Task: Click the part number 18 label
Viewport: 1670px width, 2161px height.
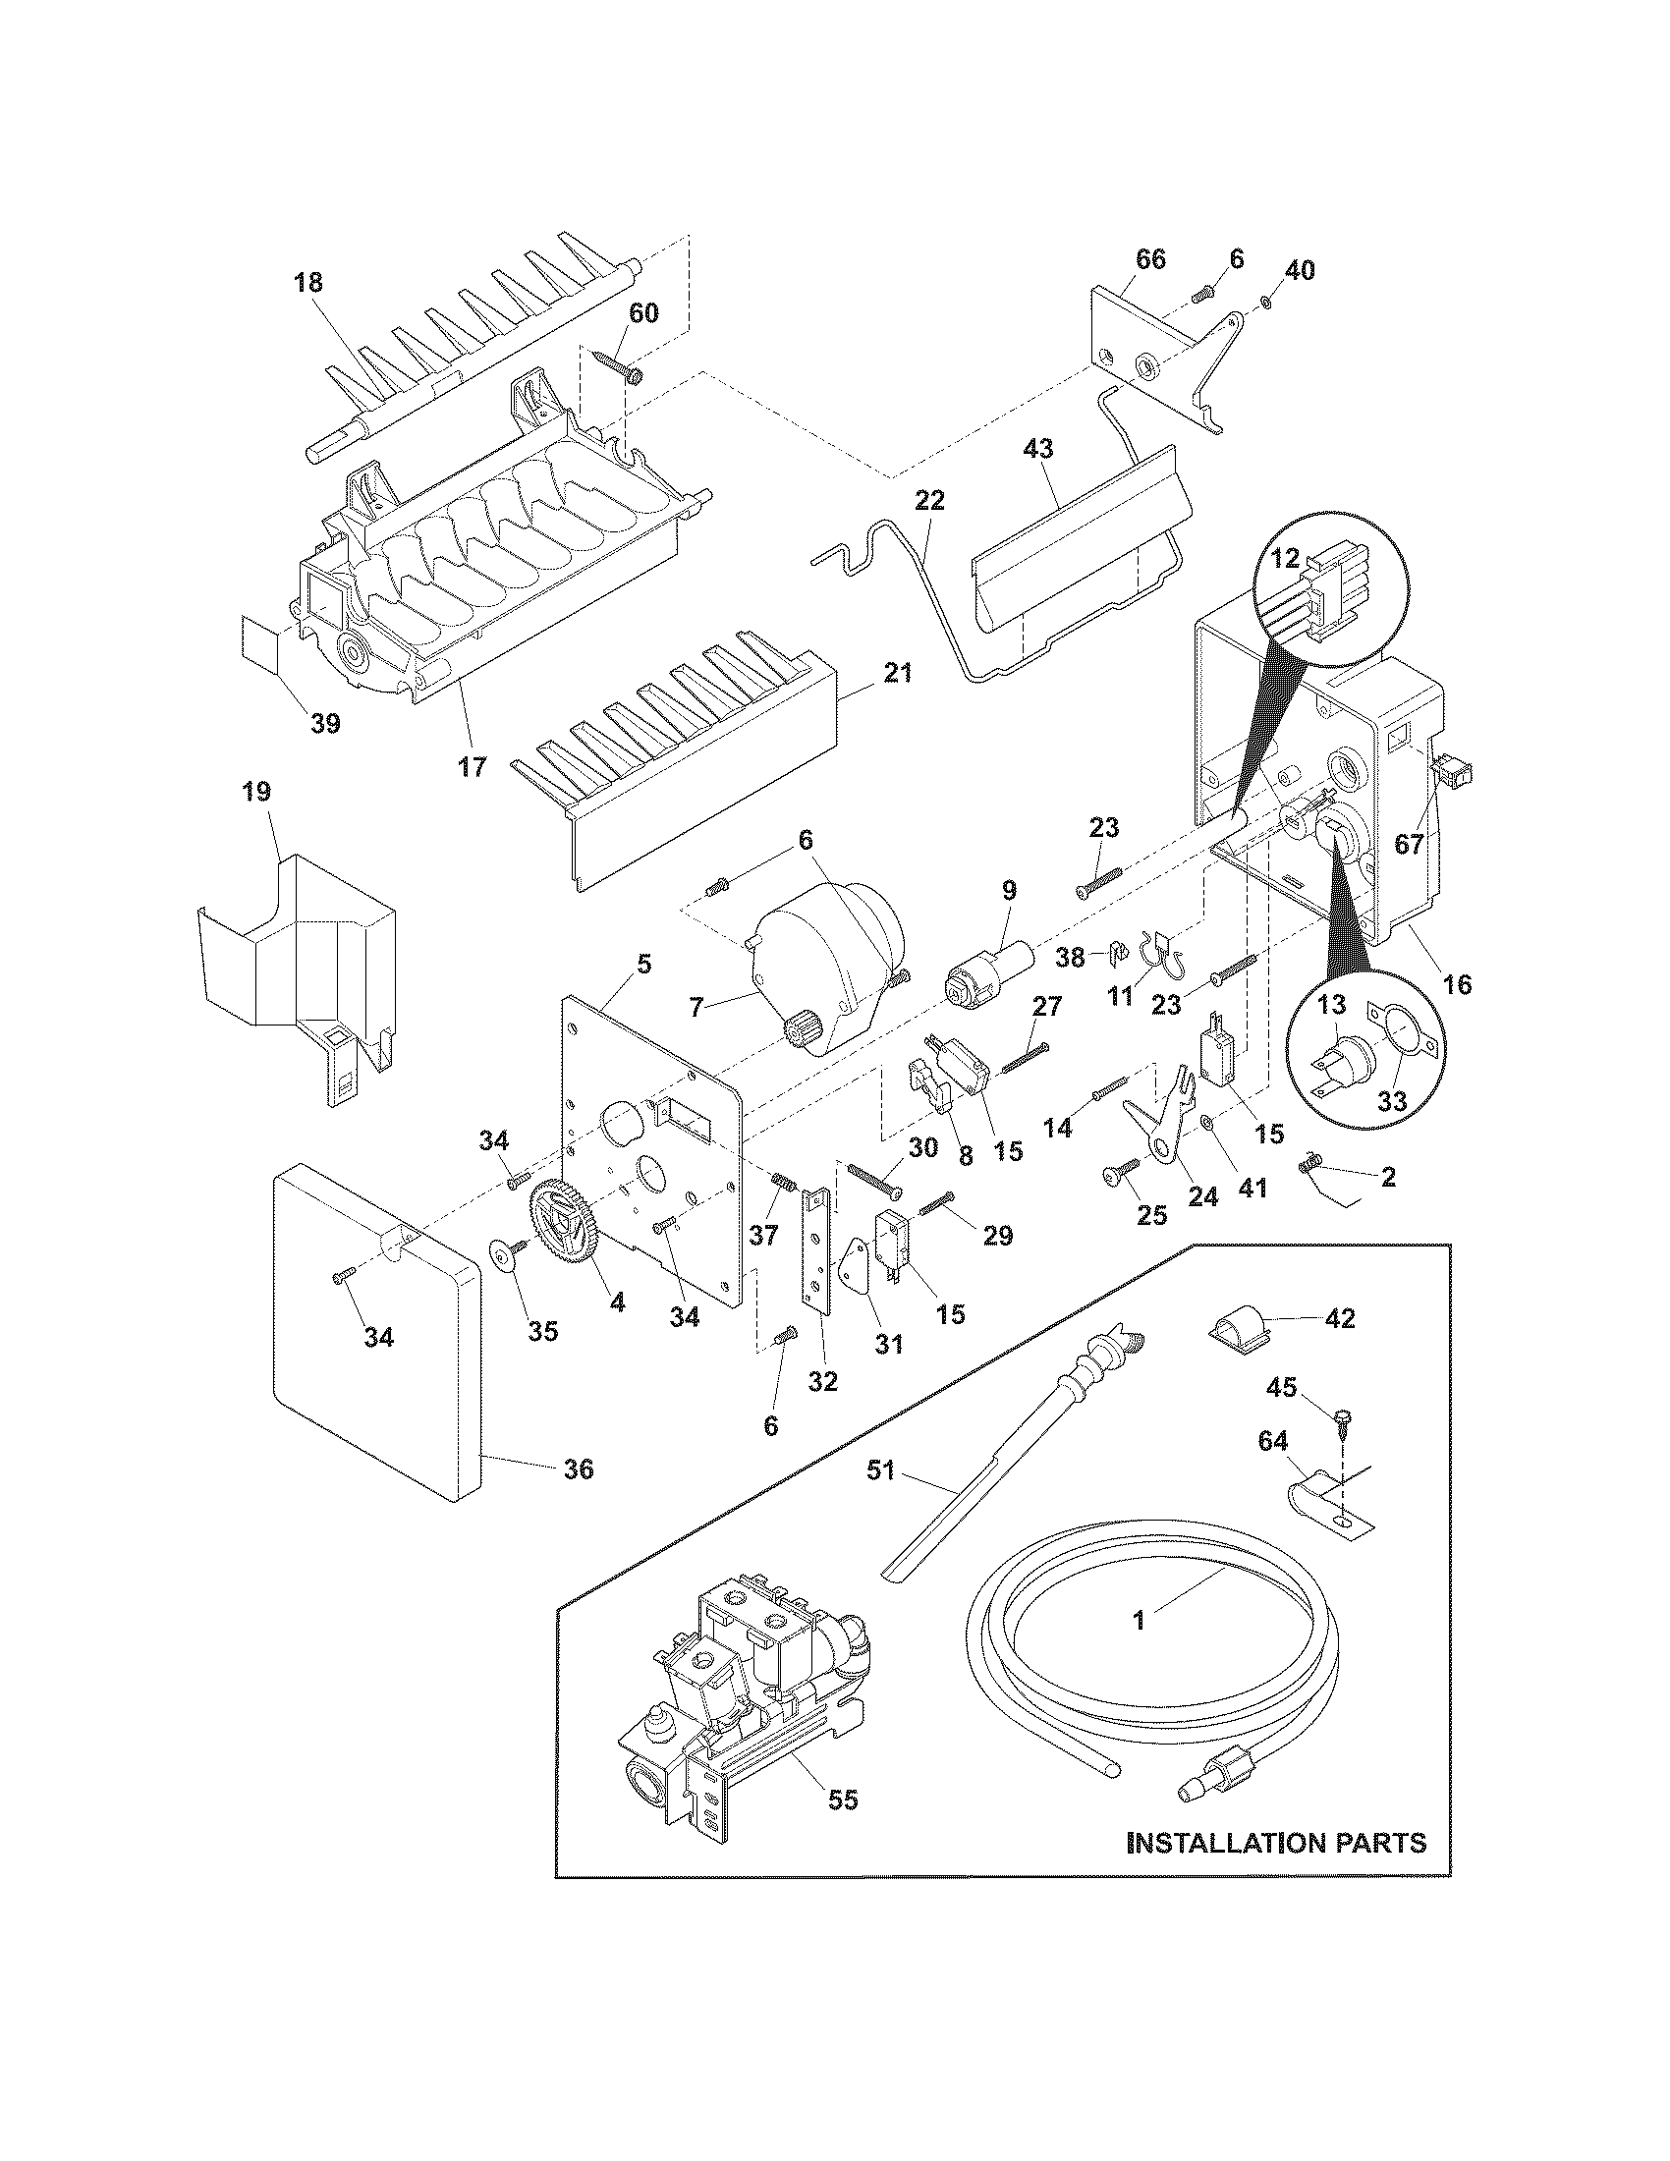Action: tap(307, 283)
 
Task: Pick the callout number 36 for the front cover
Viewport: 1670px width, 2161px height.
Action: tap(578, 1497)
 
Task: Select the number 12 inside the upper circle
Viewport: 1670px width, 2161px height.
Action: tap(1284, 558)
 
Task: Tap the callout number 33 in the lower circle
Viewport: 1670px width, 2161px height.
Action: tap(1391, 1100)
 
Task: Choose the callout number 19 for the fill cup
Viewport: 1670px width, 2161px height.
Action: tap(255, 792)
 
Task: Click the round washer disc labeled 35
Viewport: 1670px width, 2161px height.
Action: tap(506, 1256)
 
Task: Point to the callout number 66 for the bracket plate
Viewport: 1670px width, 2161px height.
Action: tap(1149, 259)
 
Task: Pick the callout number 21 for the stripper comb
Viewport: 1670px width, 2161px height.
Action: tap(897, 674)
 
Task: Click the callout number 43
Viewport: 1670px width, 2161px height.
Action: tap(1037, 448)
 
